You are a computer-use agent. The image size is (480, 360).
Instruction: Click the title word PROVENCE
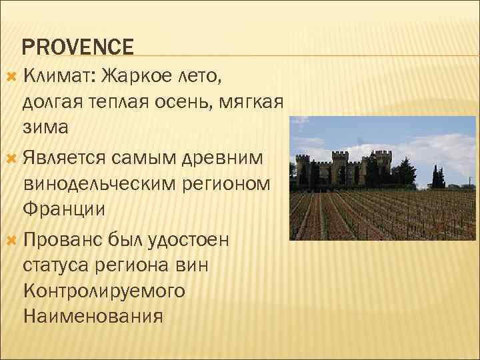point(78,47)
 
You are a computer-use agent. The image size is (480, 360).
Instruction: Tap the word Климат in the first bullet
point(60,76)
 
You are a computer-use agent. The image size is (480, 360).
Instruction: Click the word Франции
point(63,209)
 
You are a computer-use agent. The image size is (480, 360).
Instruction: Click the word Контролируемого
point(104,291)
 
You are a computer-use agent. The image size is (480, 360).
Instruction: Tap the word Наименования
point(93,316)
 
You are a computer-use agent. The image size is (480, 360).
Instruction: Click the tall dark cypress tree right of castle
point(437,175)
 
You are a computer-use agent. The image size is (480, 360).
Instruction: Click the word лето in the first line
point(202,76)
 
